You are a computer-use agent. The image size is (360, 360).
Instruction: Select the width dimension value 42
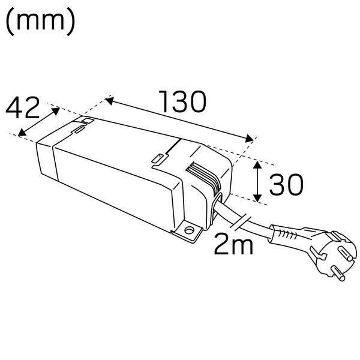pos(23,108)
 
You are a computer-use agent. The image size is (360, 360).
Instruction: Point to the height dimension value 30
pos(286,185)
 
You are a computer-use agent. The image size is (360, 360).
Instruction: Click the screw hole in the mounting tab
pos(190,229)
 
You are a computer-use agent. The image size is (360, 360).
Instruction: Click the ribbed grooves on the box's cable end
pos(203,178)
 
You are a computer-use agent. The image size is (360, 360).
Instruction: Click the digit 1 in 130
pos(163,103)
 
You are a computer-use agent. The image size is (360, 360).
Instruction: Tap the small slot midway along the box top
pos(157,158)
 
